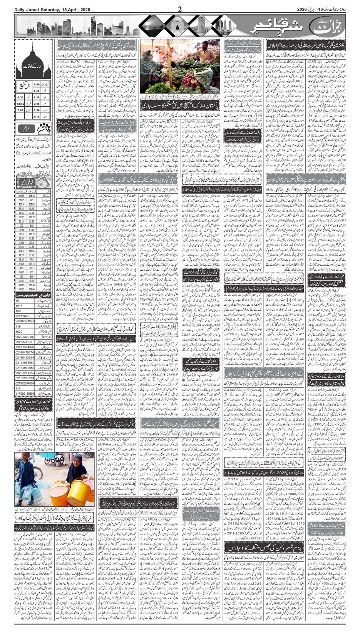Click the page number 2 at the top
[x=180, y=9]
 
